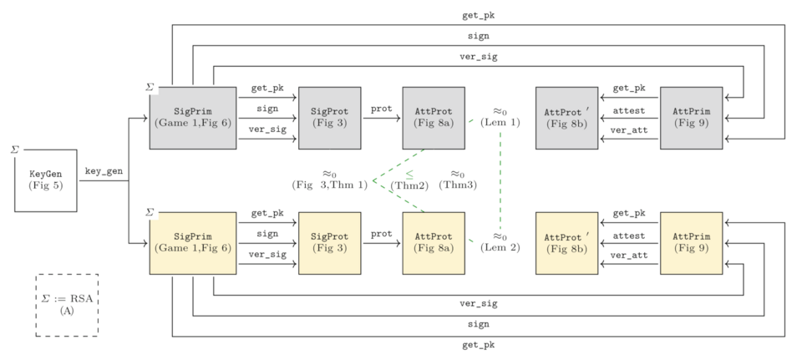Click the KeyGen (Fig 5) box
coord(46,180)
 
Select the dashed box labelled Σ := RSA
coord(67,304)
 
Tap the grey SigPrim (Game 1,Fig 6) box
coord(192,118)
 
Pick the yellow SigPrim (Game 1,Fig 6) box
coord(192,243)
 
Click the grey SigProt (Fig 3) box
coord(329,118)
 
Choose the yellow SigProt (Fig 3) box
coord(329,243)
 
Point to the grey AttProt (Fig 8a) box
coord(433,118)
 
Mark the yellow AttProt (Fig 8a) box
coord(433,243)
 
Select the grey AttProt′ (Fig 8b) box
coord(566,118)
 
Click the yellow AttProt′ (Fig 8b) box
coord(566,243)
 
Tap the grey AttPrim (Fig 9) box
coord(691,118)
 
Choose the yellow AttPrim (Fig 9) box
coord(691,243)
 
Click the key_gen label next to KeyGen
coord(104,172)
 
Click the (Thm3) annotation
coord(458,185)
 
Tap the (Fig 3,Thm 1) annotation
coord(329,185)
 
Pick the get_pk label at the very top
coord(478,15)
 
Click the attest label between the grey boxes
coord(628,109)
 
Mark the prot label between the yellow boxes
coord(381,234)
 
